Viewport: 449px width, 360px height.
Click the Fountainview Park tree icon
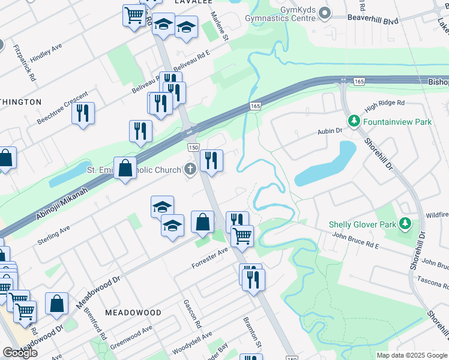point(354,122)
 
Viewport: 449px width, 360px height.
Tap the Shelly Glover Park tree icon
point(406,224)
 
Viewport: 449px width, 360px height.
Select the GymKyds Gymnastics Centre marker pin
point(325,13)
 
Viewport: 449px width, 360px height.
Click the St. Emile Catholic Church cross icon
point(190,170)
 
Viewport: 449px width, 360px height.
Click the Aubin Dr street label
point(330,131)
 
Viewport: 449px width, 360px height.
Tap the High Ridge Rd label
point(385,106)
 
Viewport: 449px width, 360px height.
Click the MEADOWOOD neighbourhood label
point(133,313)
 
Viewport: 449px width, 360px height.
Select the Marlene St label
point(220,28)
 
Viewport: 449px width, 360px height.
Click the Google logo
point(20,353)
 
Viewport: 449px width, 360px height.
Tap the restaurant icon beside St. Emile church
point(211,160)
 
